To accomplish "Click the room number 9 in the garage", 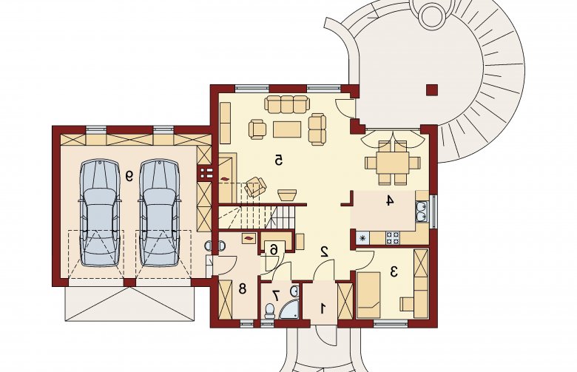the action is tap(129, 176).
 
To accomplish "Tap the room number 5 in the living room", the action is tap(279, 160).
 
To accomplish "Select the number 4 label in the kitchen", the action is tap(390, 201).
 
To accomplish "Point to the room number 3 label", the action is tap(394, 272).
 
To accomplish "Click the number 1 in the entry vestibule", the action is tap(323, 308).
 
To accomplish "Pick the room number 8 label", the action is tap(242, 288).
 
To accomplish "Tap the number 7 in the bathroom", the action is tap(276, 294).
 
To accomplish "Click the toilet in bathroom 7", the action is tap(269, 311).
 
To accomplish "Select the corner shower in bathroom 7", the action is tap(289, 310).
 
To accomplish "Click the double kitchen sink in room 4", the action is tap(421, 212).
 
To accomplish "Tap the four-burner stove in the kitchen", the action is tap(393, 237).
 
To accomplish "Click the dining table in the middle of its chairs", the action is tap(393, 162).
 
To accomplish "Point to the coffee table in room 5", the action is tap(287, 129).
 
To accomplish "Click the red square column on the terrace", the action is tap(432, 90).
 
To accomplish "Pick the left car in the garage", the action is tap(100, 213).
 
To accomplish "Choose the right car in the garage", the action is tap(160, 213).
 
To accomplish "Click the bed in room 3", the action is tap(368, 295).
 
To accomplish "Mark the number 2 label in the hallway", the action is tap(325, 251).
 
